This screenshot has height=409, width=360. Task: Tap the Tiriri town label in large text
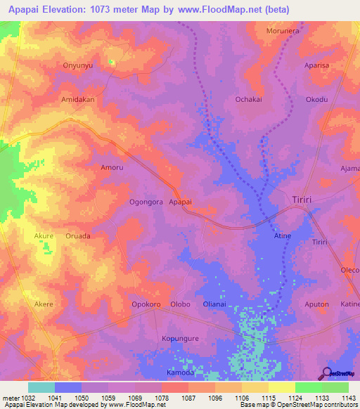307,200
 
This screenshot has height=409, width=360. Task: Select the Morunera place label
283,31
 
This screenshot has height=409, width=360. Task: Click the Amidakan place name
78,100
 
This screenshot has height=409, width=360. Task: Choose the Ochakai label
248,100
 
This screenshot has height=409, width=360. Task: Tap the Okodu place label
316,100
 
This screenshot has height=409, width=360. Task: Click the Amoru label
112,168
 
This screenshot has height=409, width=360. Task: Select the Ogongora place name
146,202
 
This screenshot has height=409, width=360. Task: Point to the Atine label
282,235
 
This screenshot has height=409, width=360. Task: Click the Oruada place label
78,236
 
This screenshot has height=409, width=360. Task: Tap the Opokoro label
146,304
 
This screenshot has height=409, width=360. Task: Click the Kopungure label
181,338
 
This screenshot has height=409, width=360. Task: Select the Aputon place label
316,304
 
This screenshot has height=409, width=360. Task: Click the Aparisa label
316,65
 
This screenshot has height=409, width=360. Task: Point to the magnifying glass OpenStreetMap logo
326,372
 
